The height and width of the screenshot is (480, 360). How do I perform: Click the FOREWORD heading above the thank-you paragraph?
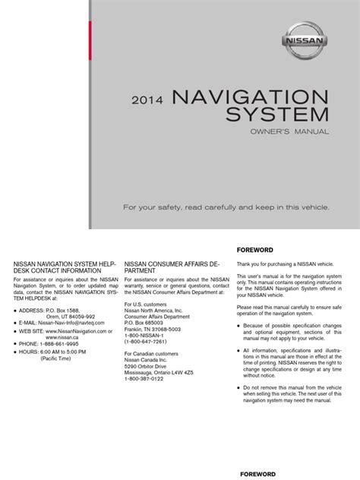254,250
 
